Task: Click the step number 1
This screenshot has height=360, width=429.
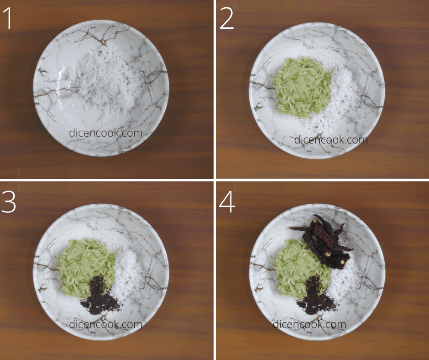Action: [x=8, y=18]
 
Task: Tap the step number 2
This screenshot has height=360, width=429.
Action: [x=226, y=18]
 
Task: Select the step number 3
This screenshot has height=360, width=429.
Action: [x=9, y=201]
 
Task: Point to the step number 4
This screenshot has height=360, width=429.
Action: [x=227, y=201]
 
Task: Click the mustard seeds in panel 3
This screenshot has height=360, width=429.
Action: [x=100, y=296]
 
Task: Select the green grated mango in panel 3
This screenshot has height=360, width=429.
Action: [x=85, y=267]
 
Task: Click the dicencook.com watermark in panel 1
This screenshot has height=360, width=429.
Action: [x=105, y=133]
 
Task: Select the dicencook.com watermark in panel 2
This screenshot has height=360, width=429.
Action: [x=331, y=140]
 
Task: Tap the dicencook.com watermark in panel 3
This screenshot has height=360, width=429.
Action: [x=105, y=324]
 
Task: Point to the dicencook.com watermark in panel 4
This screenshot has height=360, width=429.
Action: [x=309, y=324]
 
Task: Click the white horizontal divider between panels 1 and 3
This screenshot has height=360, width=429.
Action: [x=107, y=180]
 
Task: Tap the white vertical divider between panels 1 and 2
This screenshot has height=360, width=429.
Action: [x=215, y=90]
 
